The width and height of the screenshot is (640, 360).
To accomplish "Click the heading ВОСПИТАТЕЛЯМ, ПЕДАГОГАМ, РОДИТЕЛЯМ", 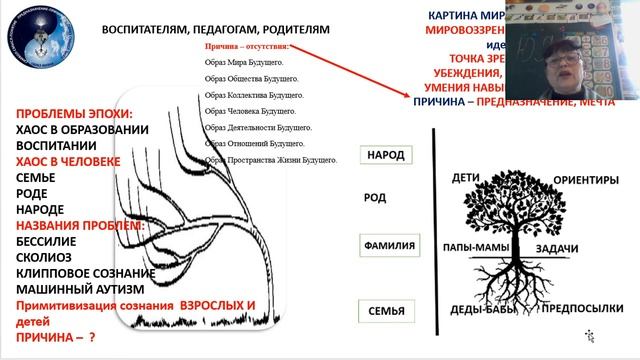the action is [215, 30].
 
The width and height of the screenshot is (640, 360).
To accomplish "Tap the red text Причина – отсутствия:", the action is [246, 46].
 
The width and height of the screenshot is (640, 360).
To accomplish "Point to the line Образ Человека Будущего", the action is [250, 111].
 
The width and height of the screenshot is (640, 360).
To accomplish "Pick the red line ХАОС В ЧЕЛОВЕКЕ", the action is [69, 161].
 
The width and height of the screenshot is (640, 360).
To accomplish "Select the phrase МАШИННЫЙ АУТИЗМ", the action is [71, 289].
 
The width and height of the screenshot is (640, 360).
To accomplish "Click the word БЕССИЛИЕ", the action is [48, 241].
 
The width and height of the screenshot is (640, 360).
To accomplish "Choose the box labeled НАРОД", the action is [386, 157].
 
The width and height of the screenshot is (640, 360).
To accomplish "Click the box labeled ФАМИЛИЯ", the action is [390, 246].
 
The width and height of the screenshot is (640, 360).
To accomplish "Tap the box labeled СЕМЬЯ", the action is [386, 311].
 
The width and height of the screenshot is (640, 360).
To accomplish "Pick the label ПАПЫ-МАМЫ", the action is [477, 247].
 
